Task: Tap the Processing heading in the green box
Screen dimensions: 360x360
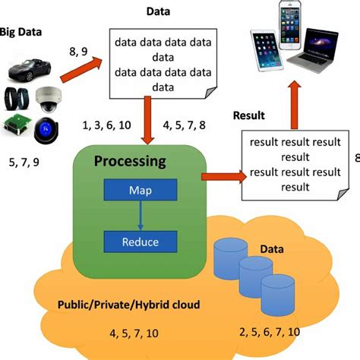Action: pos(131,161)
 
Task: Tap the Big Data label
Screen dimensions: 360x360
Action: pos(21,33)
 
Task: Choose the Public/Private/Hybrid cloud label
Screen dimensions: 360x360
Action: pos(129,305)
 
